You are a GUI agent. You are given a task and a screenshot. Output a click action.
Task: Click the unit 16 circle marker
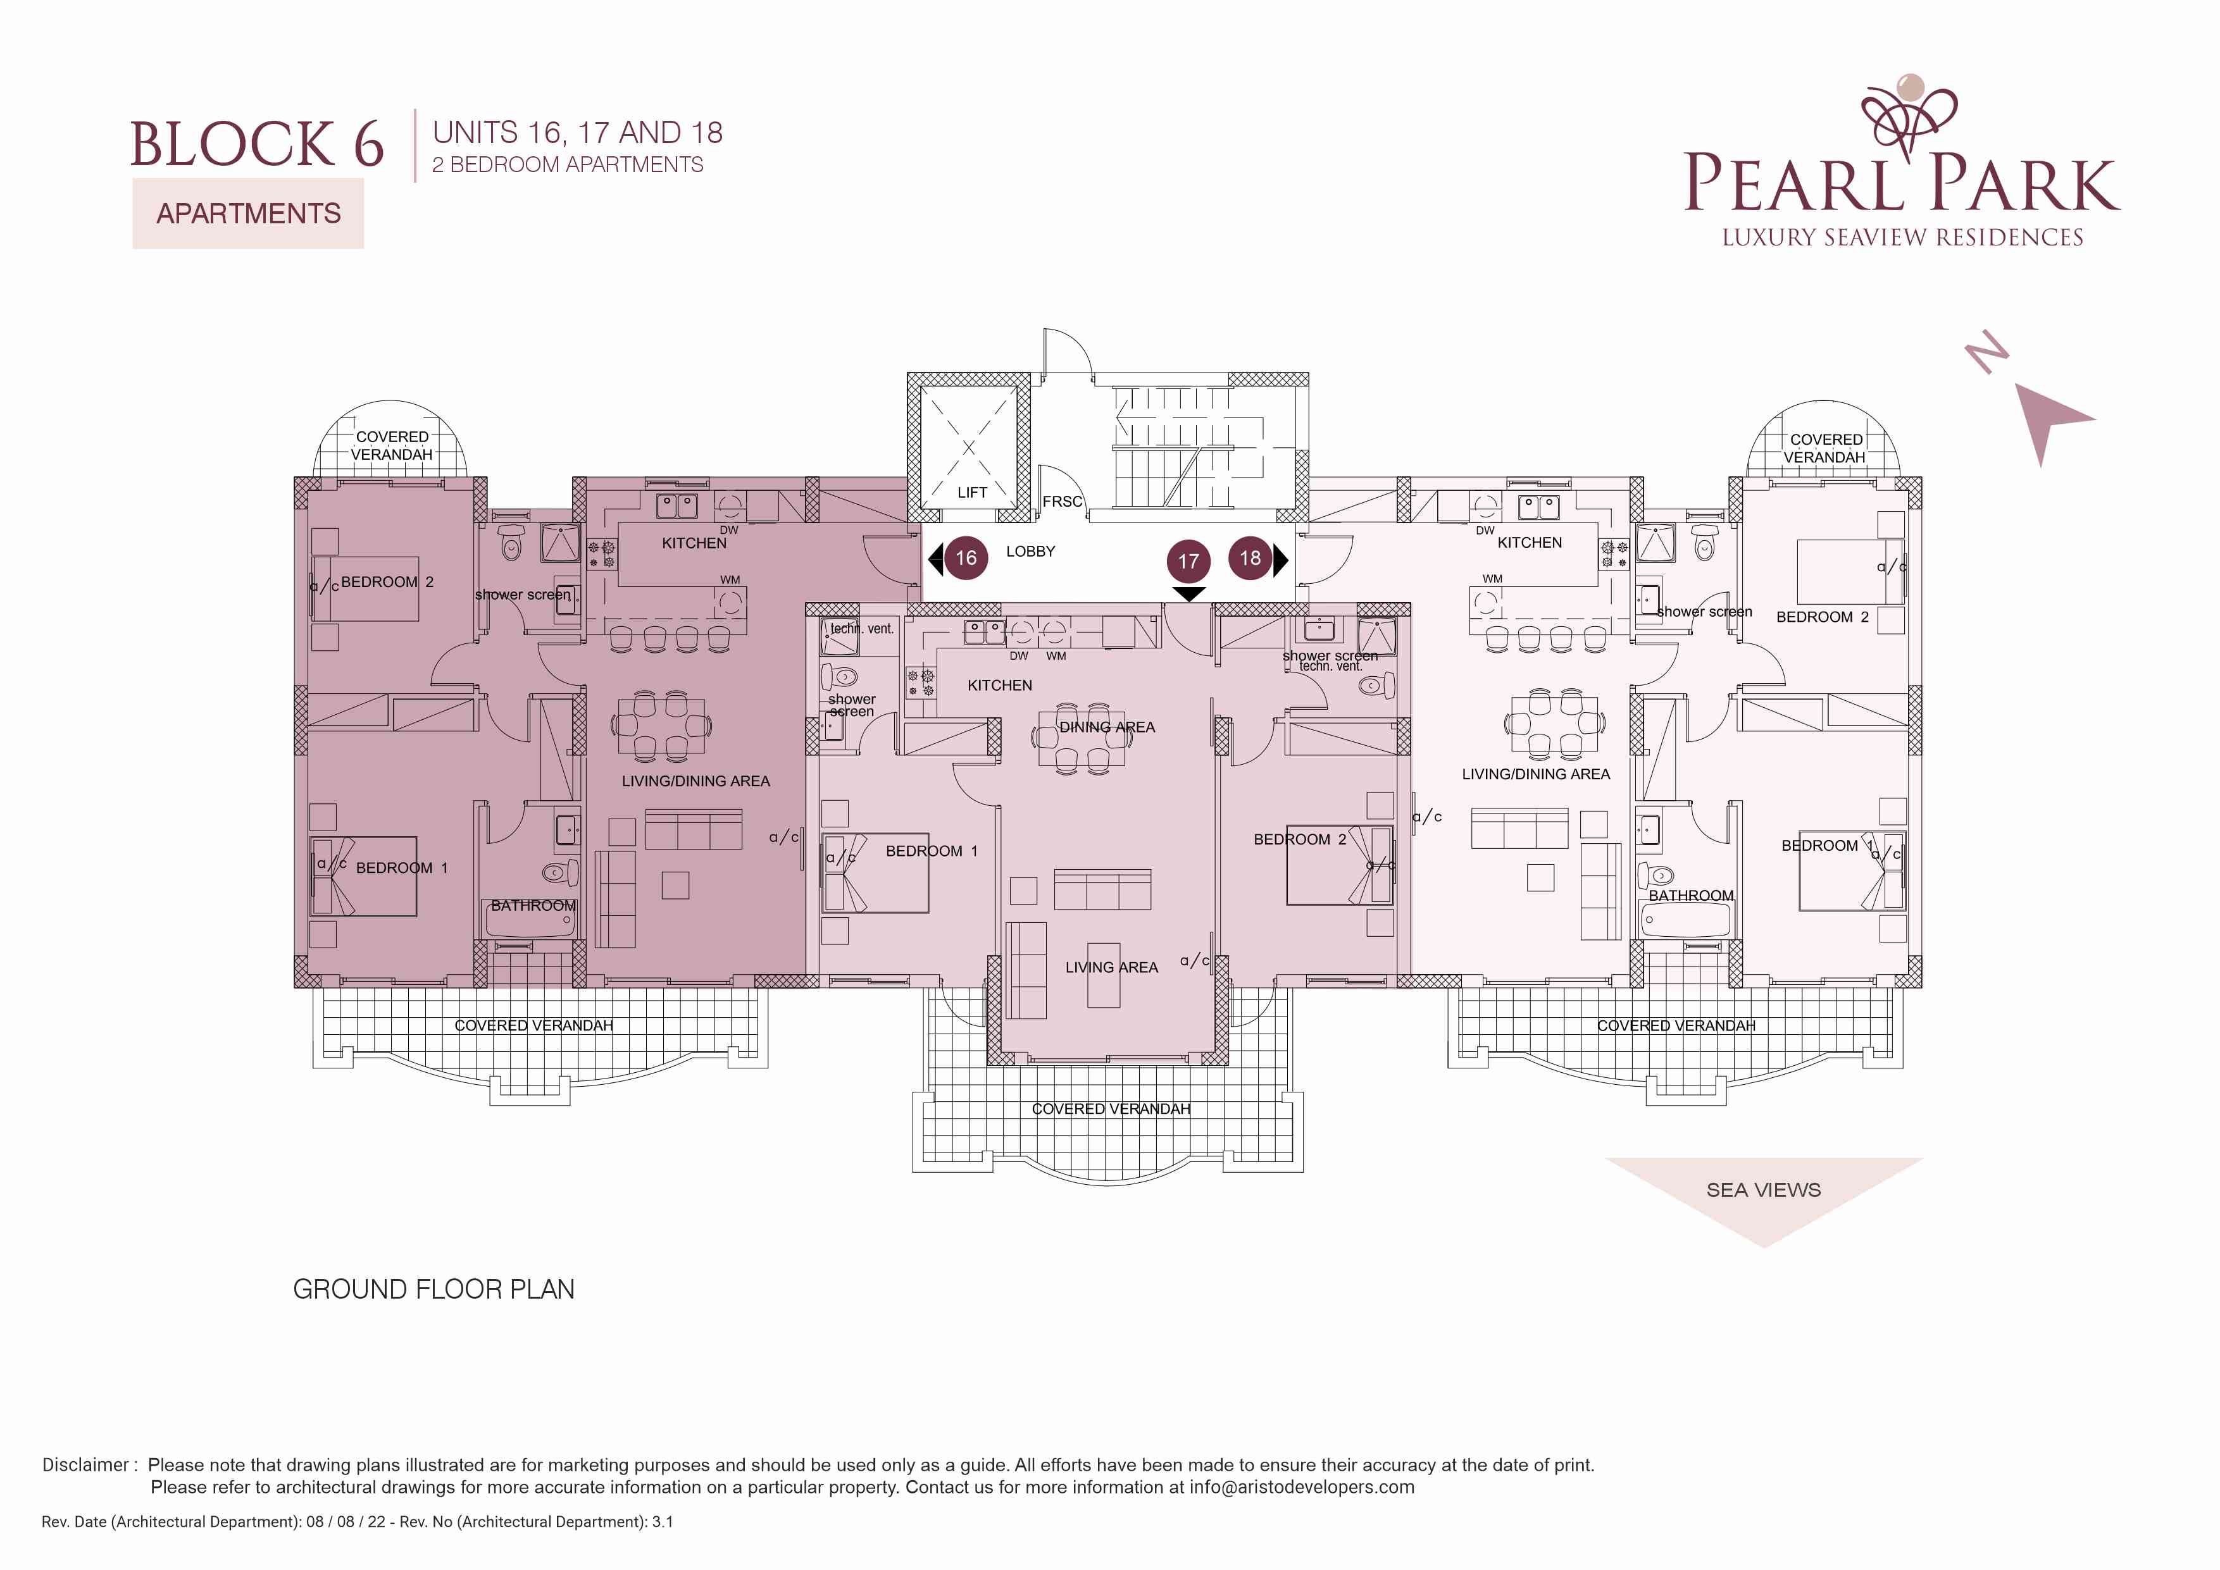966,558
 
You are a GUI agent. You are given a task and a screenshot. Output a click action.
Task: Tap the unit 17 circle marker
1188,560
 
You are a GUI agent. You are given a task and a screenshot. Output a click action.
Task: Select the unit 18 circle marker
1250,558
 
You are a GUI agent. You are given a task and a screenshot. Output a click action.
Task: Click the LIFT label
972,492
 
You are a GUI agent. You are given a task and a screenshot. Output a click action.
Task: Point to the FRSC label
1062,502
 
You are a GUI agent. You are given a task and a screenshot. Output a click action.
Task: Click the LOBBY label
1031,551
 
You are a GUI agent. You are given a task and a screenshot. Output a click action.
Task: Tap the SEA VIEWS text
1764,1190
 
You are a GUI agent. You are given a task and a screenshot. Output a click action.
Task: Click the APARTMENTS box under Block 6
249,214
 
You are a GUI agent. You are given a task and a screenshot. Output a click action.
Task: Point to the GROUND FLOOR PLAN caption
434,1290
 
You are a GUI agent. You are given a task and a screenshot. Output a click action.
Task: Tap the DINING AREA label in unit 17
1107,727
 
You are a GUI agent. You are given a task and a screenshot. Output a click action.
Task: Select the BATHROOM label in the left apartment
533,906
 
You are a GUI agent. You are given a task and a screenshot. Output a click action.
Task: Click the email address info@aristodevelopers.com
1302,1487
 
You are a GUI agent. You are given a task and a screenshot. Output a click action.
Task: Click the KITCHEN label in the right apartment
1530,542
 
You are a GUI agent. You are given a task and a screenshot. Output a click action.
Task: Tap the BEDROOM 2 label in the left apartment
387,582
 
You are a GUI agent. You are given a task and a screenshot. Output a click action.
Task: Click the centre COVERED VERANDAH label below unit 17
1111,1109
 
